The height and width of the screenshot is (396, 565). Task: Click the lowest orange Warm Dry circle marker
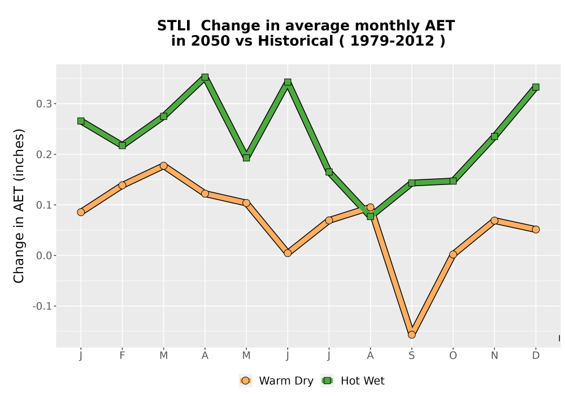point(411,335)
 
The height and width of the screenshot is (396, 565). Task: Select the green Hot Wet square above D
point(536,87)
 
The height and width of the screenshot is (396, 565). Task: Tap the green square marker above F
point(122,145)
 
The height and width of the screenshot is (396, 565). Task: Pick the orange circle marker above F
point(122,186)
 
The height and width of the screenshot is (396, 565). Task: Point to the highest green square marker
point(205,77)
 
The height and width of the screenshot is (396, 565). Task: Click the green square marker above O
point(453,180)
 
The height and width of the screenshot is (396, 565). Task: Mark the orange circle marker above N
point(494,221)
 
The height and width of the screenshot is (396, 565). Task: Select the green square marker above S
point(411,183)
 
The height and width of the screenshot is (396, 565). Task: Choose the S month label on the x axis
point(411,356)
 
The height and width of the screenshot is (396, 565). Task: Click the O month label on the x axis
point(453,356)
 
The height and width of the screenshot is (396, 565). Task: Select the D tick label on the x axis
point(536,356)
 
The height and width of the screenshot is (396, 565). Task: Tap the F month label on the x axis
point(122,356)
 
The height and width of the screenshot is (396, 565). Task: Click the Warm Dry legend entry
point(276,381)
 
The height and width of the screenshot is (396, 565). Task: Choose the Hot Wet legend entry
point(353,381)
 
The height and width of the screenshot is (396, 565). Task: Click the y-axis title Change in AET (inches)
point(19,206)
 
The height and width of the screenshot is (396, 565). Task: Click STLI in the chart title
point(173,26)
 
